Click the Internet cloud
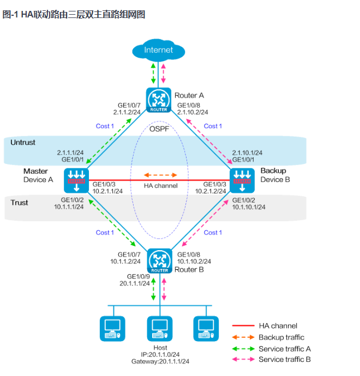(159, 50)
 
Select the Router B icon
(159, 260)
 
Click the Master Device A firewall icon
(76, 180)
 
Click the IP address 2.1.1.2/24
(127, 112)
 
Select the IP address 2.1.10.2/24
(192, 112)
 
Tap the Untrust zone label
(23, 142)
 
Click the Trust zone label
(20, 203)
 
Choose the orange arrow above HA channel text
(160, 175)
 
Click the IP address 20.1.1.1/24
(135, 283)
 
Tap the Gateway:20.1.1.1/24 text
(160, 361)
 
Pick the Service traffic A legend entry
(284, 349)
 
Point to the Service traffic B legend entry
(284, 360)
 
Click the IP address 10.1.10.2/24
(194, 261)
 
